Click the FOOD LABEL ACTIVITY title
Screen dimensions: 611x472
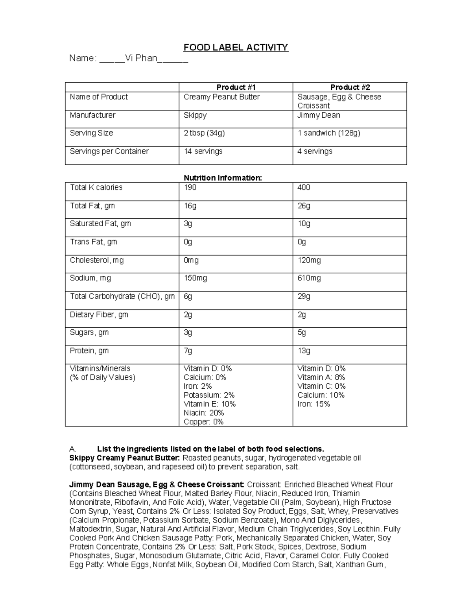[236, 48]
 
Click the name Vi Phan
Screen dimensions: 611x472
[141, 59]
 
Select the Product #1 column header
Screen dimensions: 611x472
[236, 87]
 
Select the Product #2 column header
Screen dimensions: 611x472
[350, 87]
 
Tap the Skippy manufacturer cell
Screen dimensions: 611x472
[195, 115]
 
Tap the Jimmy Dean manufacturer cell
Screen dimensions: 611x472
[319, 115]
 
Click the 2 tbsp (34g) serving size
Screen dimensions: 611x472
[204, 133]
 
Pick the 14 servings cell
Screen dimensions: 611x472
[203, 151]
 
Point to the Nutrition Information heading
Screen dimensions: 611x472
[223, 178]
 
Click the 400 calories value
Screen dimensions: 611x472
[304, 187]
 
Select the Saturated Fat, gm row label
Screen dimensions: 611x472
[100, 223]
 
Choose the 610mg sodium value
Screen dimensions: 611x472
[309, 278]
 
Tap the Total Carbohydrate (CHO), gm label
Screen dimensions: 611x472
[122, 296]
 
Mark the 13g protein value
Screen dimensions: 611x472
[304, 351]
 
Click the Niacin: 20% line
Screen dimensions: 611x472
[203, 413]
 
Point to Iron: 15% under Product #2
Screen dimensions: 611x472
[313, 404]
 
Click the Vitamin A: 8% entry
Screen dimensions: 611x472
[321, 377]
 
